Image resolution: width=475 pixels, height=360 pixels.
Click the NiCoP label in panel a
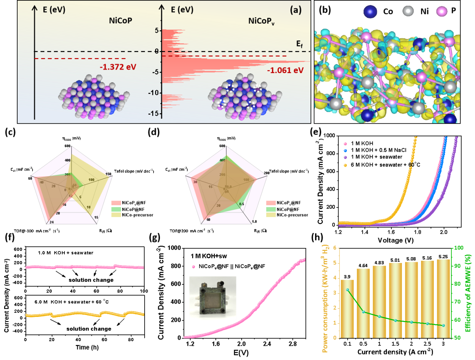coord(120,21)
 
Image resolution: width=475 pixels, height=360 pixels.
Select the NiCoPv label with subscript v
coord(261,21)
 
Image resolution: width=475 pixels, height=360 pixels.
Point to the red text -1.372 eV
coord(118,67)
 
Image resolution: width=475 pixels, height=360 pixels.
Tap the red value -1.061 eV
coord(285,70)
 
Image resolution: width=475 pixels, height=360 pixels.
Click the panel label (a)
coord(296,10)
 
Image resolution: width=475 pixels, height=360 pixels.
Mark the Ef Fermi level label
coord(300,44)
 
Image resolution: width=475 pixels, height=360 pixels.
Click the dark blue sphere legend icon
coord(370,12)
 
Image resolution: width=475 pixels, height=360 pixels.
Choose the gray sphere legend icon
coord(408,11)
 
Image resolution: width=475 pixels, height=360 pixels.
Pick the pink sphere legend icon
coord(442,12)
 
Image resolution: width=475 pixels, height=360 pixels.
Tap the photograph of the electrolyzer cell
coord(212,298)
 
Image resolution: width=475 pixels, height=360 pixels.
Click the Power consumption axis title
coord(325,298)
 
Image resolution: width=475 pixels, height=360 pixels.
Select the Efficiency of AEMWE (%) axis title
coord(468,293)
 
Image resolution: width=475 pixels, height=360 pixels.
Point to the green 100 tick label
coord(459,248)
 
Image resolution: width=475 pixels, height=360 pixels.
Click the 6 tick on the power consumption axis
coord(334,248)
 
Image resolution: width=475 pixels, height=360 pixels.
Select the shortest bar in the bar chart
coord(347,309)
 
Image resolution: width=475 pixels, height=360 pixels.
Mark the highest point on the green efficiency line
coord(347,290)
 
